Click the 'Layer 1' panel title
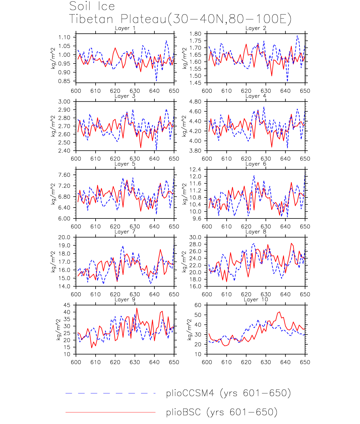click(125, 28)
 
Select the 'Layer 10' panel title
click(256, 300)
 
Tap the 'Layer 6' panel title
click(256, 164)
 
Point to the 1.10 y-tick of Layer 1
click(64, 37)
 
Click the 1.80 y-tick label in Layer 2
click(195, 34)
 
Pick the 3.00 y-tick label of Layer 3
click(64, 102)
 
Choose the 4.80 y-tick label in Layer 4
click(195, 102)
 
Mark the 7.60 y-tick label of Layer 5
click(64, 175)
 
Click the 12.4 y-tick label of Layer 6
click(195, 170)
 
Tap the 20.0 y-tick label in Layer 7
click(64, 237)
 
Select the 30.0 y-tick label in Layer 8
click(195, 237)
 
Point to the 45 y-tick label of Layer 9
click(67, 305)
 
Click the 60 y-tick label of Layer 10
click(198, 305)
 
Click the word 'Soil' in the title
click(80, 6)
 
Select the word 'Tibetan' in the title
click(91, 19)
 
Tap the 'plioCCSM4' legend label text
click(190, 393)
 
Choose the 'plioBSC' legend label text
click(183, 412)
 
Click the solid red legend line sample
click(110, 412)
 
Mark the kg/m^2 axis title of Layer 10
click(189, 330)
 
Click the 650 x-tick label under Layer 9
click(174, 362)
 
